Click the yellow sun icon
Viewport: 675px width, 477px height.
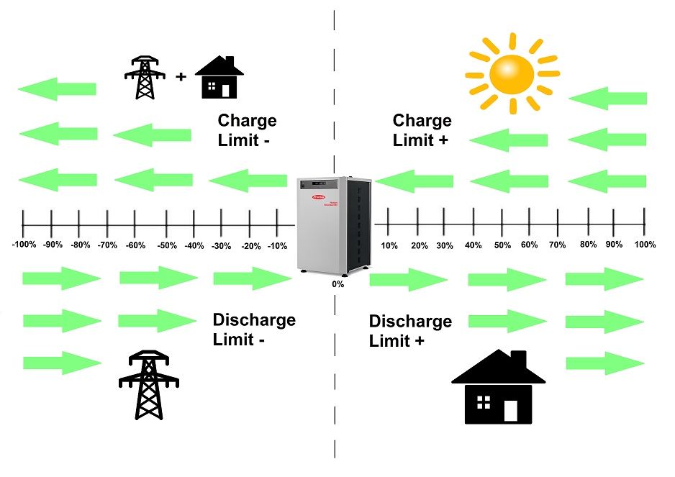pos(512,73)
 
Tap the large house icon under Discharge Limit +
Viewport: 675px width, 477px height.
pos(499,388)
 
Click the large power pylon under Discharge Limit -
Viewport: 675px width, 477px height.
pos(148,385)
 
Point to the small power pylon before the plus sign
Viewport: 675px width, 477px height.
pos(145,78)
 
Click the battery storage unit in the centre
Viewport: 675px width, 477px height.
pos(337,224)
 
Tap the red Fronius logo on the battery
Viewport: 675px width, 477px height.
pos(317,196)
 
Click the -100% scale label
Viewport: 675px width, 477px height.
pos(24,245)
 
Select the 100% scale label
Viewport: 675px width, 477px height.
pos(645,245)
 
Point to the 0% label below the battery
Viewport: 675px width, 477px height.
pos(337,284)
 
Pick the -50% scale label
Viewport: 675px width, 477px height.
pos(166,245)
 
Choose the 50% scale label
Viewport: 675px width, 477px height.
pos(502,245)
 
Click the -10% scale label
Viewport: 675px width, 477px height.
pos(277,246)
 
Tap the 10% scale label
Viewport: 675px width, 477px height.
pos(389,246)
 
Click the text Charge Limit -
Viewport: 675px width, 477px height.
pos(247,130)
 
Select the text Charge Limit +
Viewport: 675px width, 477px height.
pos(422,130)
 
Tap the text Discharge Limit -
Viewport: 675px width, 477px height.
pos(254,330)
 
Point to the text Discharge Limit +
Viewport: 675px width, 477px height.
pos(410,331)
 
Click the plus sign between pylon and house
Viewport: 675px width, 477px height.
pos(181,76)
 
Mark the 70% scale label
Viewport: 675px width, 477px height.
pos(557,245)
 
